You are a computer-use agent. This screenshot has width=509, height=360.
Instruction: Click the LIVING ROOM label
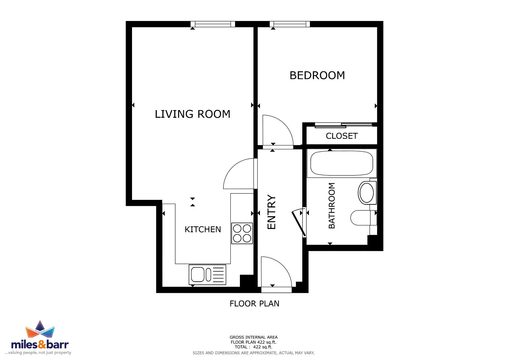click(192, 114)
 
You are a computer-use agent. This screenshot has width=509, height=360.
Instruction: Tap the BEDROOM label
click(317, 75)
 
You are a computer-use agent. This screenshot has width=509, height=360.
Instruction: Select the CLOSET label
click(342, 136)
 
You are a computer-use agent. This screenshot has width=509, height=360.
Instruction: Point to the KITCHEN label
click(203, 229)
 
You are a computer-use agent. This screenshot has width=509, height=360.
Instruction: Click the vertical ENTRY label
click(271, 212)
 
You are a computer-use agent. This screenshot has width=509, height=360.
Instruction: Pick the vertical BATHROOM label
click(332, 206)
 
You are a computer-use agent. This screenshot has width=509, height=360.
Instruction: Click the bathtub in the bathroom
click(342, 163)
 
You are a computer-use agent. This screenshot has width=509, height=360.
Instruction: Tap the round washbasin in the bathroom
click(366, 193)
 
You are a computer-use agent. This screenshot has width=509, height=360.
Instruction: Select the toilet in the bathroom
click(364, 218)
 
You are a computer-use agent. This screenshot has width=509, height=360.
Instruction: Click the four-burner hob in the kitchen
click(242, 233)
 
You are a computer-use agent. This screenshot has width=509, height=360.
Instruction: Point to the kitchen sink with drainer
click(207, 275)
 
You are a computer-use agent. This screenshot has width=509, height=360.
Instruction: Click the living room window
click(213, 24)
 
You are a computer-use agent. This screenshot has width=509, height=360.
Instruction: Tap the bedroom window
click(290, 24)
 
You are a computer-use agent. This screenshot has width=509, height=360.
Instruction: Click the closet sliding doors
click(343, 125)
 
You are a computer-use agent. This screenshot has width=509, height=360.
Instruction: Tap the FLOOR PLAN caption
click(254, 304)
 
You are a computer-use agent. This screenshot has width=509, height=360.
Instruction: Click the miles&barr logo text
click(40, 344)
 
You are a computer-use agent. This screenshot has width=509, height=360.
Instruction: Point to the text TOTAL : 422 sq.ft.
click(253, 347)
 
